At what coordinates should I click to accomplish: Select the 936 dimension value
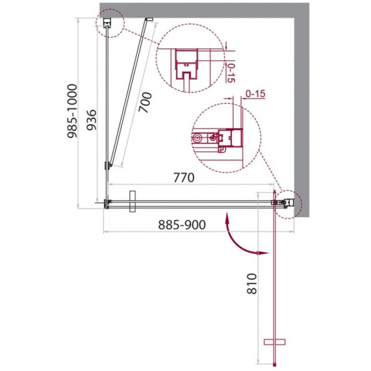[91, 120]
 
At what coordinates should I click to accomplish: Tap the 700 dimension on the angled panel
[145, 102]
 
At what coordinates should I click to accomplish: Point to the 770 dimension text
[184, 178]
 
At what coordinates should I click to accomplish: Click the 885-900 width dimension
[182, 224]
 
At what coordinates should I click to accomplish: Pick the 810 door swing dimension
[251, 284]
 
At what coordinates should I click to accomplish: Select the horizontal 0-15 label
[256, 94]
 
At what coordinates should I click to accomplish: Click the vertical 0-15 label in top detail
[230, 73]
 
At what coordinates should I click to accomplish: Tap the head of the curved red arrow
[263, 253]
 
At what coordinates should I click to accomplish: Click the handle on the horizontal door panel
[133, 201]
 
